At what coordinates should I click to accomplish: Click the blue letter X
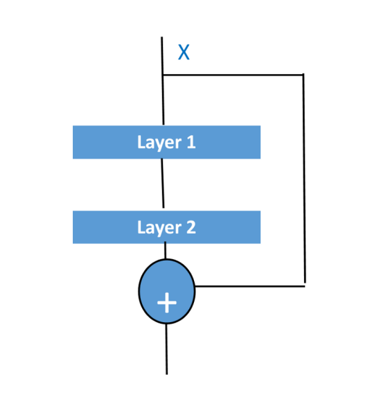(x=184, y=52)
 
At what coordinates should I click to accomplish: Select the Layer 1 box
(x=166, y=142)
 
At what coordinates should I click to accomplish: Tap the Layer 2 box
(x=166, y=227)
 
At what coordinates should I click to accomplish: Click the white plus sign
(x=167, y=303)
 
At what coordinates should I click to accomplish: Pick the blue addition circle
(x=167, y=291)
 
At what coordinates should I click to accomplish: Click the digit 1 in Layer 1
(x=191, y=142)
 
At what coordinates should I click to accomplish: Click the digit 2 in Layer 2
(x=191, y=227)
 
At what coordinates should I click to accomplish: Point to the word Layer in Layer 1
(x=159, y=143)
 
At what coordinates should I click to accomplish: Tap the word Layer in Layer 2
(x=159, y=228)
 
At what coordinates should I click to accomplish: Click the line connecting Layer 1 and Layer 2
(x=163, y=183)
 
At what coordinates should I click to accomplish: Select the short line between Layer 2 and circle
(x=166, y=250)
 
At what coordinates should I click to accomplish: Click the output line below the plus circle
(x=166, y=349)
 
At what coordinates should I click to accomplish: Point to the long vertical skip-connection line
(x=304, y=178)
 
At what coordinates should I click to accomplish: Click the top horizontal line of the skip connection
(x=233, y=75)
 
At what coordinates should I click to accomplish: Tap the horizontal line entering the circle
(x=250, y=286)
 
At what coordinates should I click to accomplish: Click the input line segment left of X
(x=162, y=55)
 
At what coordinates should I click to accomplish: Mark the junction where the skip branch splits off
(x=163, y=75)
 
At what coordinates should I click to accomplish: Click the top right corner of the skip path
(x=303, y=75)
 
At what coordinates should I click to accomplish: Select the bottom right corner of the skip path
(x=305, y=286)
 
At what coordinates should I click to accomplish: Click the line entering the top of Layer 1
(x=164, y=100)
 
